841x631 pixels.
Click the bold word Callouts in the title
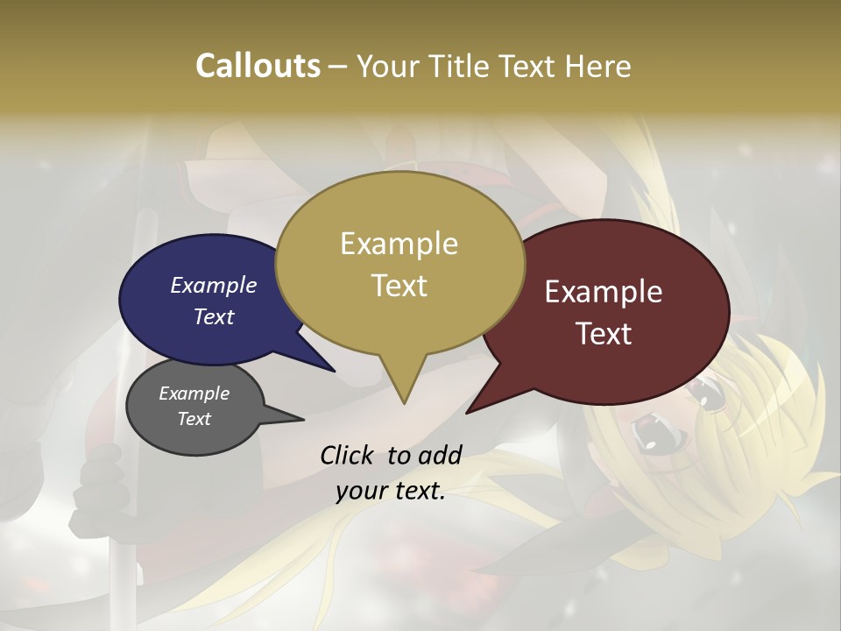click(258, 66)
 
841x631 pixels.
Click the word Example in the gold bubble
click(399, 244)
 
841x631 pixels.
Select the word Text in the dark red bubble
click(604, 334)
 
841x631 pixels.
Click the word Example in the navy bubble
click(213, 285)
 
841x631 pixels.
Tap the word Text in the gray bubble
click(194, 419)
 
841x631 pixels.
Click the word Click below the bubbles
click(349, 455)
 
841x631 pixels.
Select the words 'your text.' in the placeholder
click(391, 492)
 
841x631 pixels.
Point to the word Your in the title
click(388, 67)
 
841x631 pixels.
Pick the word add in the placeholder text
click(440, 455)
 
